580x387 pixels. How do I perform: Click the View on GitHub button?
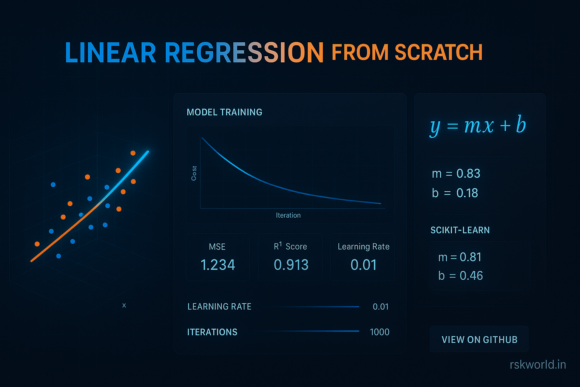click(479, 339)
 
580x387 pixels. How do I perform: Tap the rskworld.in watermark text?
click(538, 364)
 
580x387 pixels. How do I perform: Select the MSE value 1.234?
click(217, 265)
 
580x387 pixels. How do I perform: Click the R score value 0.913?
click(291, 265)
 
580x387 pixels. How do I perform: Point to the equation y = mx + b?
click(478, 125)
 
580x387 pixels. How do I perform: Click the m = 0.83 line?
click(456, 173)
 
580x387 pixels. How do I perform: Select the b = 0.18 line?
click(455, 193)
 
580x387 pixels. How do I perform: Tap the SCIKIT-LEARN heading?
click(460, 230)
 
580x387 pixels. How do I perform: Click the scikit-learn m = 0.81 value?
click(460, 257)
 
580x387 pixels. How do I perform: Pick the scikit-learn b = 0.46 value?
click(460, 276)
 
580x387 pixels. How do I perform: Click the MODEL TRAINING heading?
click(224, 112)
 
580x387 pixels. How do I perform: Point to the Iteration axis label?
click(288, 215)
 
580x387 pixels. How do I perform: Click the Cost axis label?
click(194, 173)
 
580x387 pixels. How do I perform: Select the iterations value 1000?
click(379, 332)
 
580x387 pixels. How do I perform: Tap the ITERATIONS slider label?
click(212, 332)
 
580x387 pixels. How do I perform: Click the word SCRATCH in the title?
click(438, 52)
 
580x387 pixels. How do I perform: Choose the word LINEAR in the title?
click(111, 53)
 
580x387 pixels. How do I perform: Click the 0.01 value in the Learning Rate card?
click(363, 265)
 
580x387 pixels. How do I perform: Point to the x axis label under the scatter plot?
click(124, 305)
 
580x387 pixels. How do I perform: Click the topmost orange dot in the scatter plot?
click(133, 153)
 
